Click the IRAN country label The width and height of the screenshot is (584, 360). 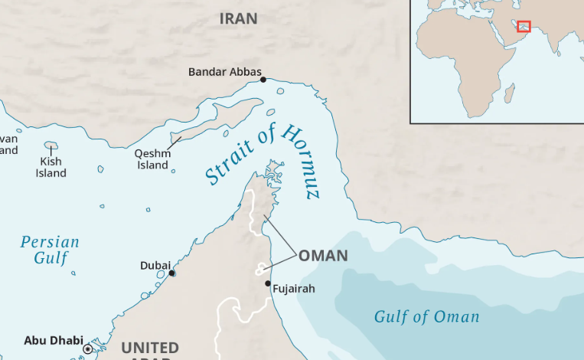point(238,18)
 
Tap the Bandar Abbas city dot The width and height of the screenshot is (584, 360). point(263,80)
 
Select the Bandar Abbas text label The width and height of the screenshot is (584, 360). point(224,72)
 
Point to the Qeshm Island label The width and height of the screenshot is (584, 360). point(152,159)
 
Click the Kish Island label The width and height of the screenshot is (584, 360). point(51,168)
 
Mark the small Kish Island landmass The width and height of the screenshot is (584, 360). point(51,145)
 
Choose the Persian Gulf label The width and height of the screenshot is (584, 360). point(50,250)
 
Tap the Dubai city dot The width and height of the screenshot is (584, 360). point(172,273)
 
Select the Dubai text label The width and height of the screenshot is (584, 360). point(155,265)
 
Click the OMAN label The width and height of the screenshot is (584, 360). point(323,256)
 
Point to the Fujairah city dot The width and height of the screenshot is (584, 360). point(267,283)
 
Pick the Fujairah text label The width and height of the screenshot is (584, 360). point(293,289)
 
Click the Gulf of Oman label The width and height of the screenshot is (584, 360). point(426,316)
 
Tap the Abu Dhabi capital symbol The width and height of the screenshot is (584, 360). point(88,349)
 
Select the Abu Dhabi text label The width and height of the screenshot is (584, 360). point(54,340)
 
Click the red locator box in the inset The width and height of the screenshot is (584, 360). point(524,27)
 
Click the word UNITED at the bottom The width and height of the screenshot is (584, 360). point(150,348)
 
